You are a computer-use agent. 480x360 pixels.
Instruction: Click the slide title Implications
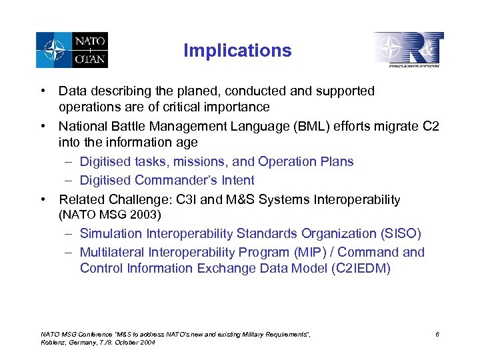(237, 51)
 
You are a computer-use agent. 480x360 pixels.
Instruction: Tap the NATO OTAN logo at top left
(72, 49)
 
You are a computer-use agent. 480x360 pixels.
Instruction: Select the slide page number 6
(437, 333)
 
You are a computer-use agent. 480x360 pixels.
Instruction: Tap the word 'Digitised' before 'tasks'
(105, 162)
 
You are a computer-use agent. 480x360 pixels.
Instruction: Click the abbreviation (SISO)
(401, 234)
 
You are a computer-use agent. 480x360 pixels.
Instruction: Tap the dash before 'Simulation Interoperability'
(69, 234)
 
